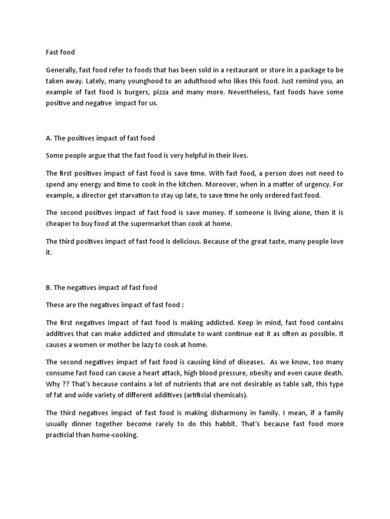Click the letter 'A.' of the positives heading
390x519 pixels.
coord(49,138)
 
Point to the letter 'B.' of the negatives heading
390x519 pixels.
coord(49,287)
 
